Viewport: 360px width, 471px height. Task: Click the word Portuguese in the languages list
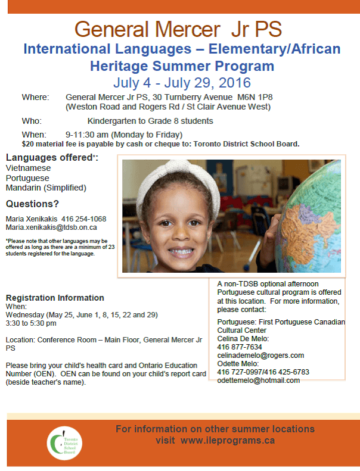(27, 178)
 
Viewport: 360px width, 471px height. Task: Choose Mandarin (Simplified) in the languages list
(46, 188)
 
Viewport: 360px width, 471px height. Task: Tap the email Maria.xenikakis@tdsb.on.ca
(52, 227)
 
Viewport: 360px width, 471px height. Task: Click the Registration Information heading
(55, 298)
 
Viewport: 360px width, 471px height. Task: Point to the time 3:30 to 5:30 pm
(31, 323)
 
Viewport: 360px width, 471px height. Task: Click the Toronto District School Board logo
(65, 442)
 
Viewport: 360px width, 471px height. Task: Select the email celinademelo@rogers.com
(256, 355)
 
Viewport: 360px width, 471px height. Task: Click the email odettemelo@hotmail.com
(259, 380)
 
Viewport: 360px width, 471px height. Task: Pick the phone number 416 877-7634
(240, 347)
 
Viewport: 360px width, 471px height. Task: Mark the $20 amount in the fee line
(28, 144)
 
